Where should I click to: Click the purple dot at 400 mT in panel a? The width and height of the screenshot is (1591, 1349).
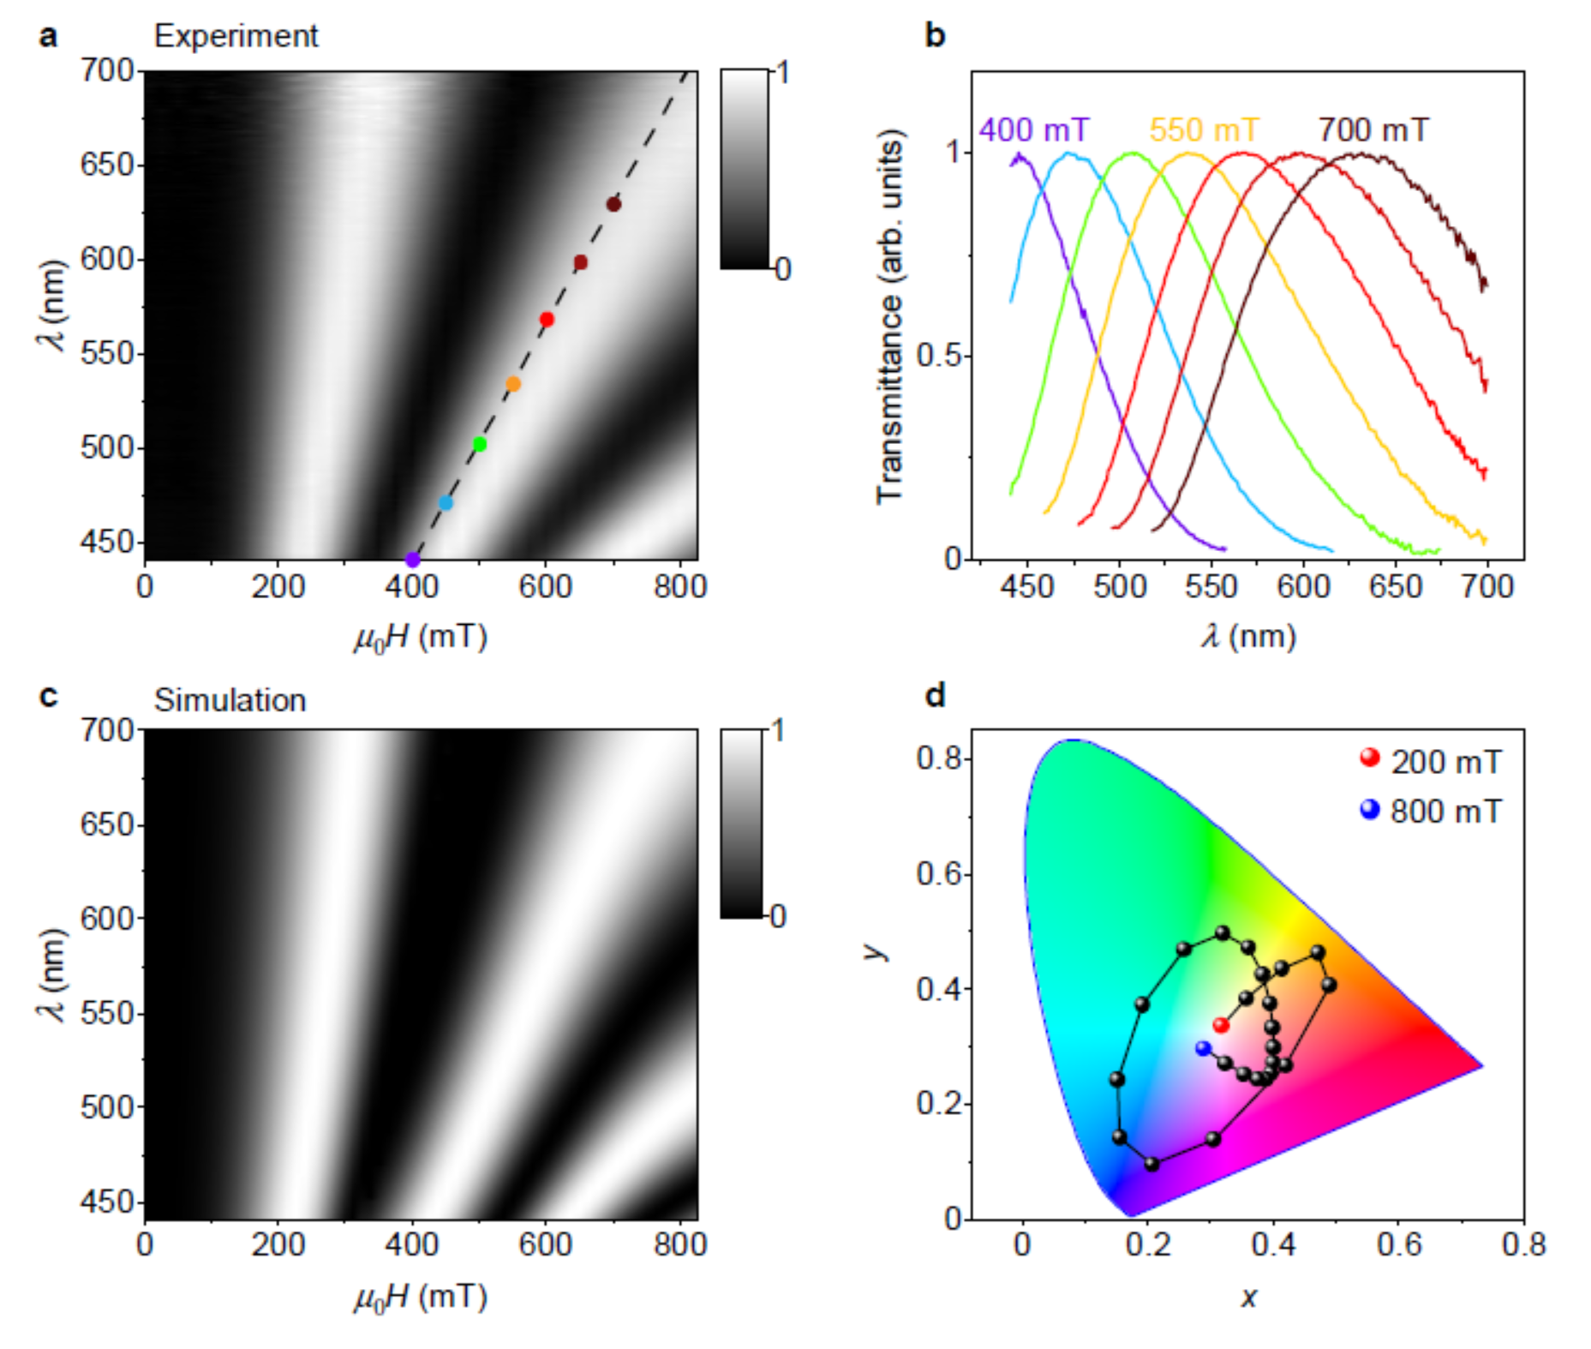pyautogui.click(x=412, y=560)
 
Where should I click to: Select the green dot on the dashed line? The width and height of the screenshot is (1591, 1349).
pyautogui.click(x=480, y=444)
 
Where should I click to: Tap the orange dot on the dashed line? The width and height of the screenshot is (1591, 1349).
pyautogui.click(x=513, y=384)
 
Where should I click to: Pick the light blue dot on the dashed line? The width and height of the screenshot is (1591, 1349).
pyautogui.click(x=446, y=503)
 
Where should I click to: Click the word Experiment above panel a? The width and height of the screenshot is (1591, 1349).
pyautogui.click(x=236, y=36)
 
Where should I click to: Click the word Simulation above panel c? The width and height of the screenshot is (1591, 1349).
pyautogui.click(x=230, y=700)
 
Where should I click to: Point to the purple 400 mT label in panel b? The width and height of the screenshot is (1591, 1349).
pyautogui.click(x=1033, y=130)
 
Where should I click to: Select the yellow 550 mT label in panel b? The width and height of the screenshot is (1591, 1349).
pyautogui.click(x=1204, y=130)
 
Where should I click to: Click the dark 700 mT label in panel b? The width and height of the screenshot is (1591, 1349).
pyautogui.click(x=1373, y=130)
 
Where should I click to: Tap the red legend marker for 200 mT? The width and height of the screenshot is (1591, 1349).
pyautogui.click(x=1370, y=758)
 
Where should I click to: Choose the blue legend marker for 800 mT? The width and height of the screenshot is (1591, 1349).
pyautogui.click(x=1370, y=808)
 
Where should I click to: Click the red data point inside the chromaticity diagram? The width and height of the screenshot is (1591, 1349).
pyautogui.click(x=1221, y=1025)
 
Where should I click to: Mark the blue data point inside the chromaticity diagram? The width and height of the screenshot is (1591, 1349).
pyautogui.click(x=1204, y=1048)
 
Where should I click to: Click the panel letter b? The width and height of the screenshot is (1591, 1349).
pyautogui.click(x=936, y=36)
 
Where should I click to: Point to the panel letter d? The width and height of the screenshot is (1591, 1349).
pyautogui.click(x=936, y=695)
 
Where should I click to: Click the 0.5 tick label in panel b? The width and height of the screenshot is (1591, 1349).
pyautogui.click(x=939, y=356)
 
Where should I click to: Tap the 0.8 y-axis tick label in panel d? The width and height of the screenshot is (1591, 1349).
pyautogui.click(x=939, y=758)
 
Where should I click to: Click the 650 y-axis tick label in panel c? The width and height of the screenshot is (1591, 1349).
pyautogui.click(x=107, y=824)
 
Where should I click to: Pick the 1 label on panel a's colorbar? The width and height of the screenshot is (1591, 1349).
pyautogui.click(x=781, y=72)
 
